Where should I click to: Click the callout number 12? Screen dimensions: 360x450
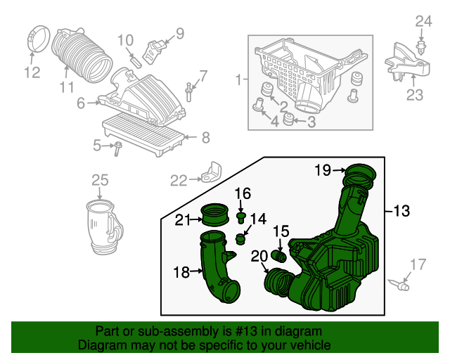(32, 72)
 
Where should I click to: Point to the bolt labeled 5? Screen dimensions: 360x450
(117, 146)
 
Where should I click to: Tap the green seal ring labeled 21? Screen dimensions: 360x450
(214, 212)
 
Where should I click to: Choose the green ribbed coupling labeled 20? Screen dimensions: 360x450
(278, 282)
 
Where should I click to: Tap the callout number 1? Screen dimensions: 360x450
(237, 79)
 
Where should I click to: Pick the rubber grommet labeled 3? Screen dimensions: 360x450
(288, 123)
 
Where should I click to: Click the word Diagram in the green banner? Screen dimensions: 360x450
(98, 346)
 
